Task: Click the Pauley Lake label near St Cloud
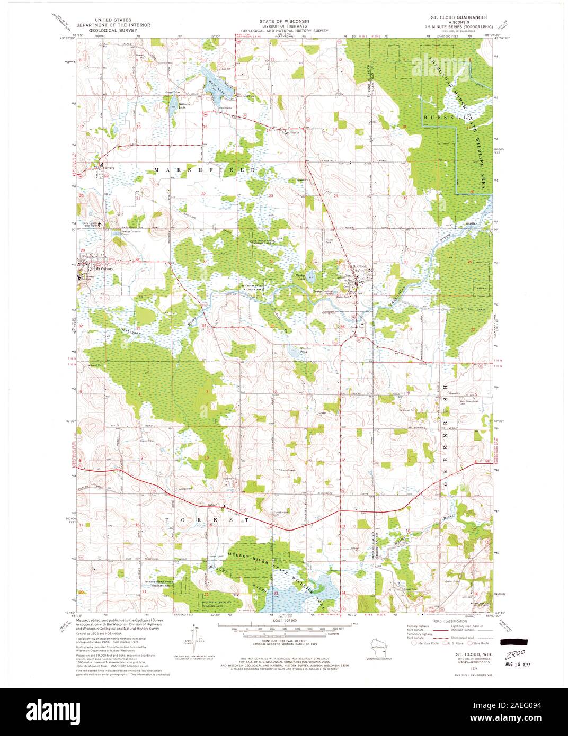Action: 300,278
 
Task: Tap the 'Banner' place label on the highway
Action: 212,504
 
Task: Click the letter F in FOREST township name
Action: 167,520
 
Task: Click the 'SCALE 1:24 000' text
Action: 285,620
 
